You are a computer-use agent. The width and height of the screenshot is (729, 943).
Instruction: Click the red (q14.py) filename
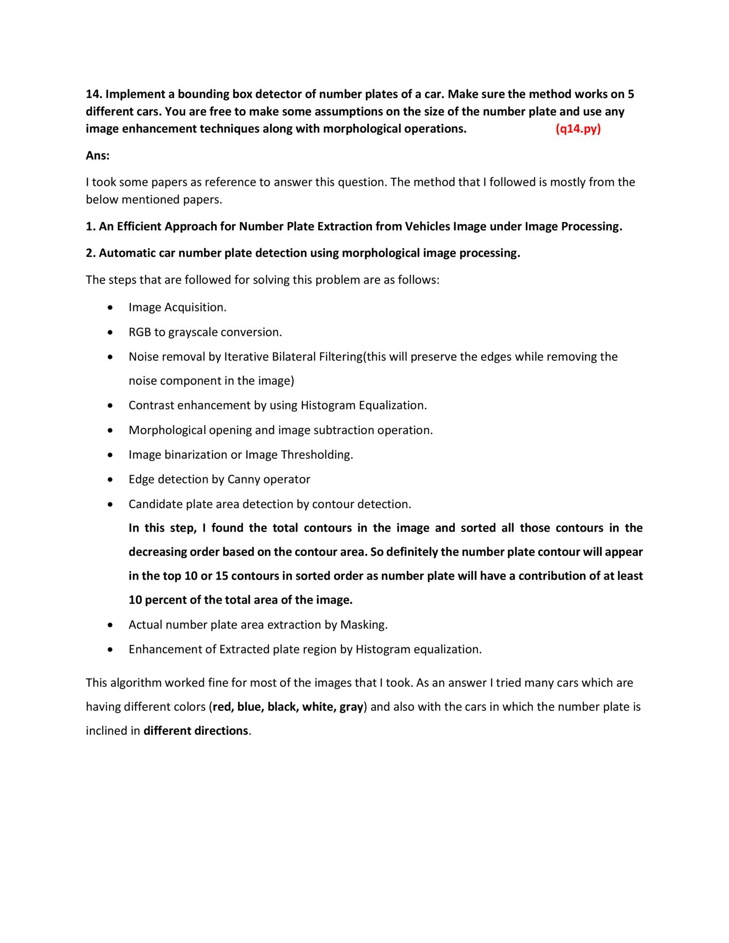(578, 129)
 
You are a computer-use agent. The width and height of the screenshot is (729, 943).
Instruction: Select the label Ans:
(98, 155)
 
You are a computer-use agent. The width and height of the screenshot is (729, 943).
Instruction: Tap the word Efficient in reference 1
(139, 226)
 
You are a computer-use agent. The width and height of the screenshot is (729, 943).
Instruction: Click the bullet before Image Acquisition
(112, 308)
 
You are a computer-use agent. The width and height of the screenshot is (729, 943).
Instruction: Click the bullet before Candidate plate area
(112, 505)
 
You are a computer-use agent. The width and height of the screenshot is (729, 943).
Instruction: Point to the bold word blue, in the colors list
(251, 707)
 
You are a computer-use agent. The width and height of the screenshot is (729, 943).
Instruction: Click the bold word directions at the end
(221, 731)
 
